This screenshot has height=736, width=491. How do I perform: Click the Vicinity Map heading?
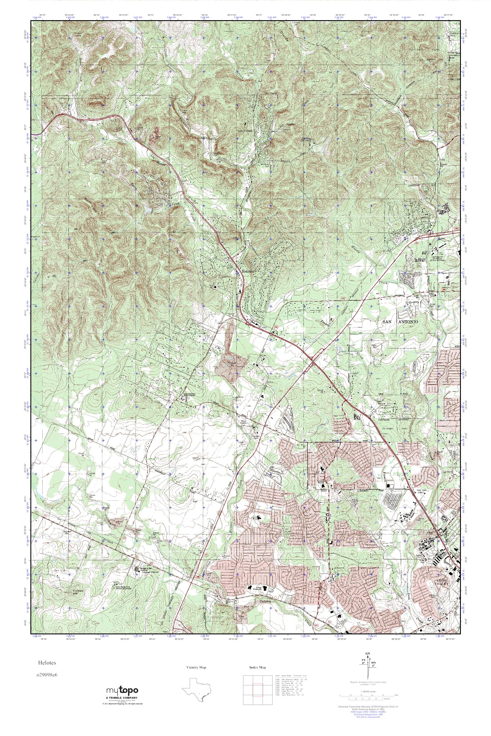[x=196, y=668]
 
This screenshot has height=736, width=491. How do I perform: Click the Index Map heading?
[x=257, y=668]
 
